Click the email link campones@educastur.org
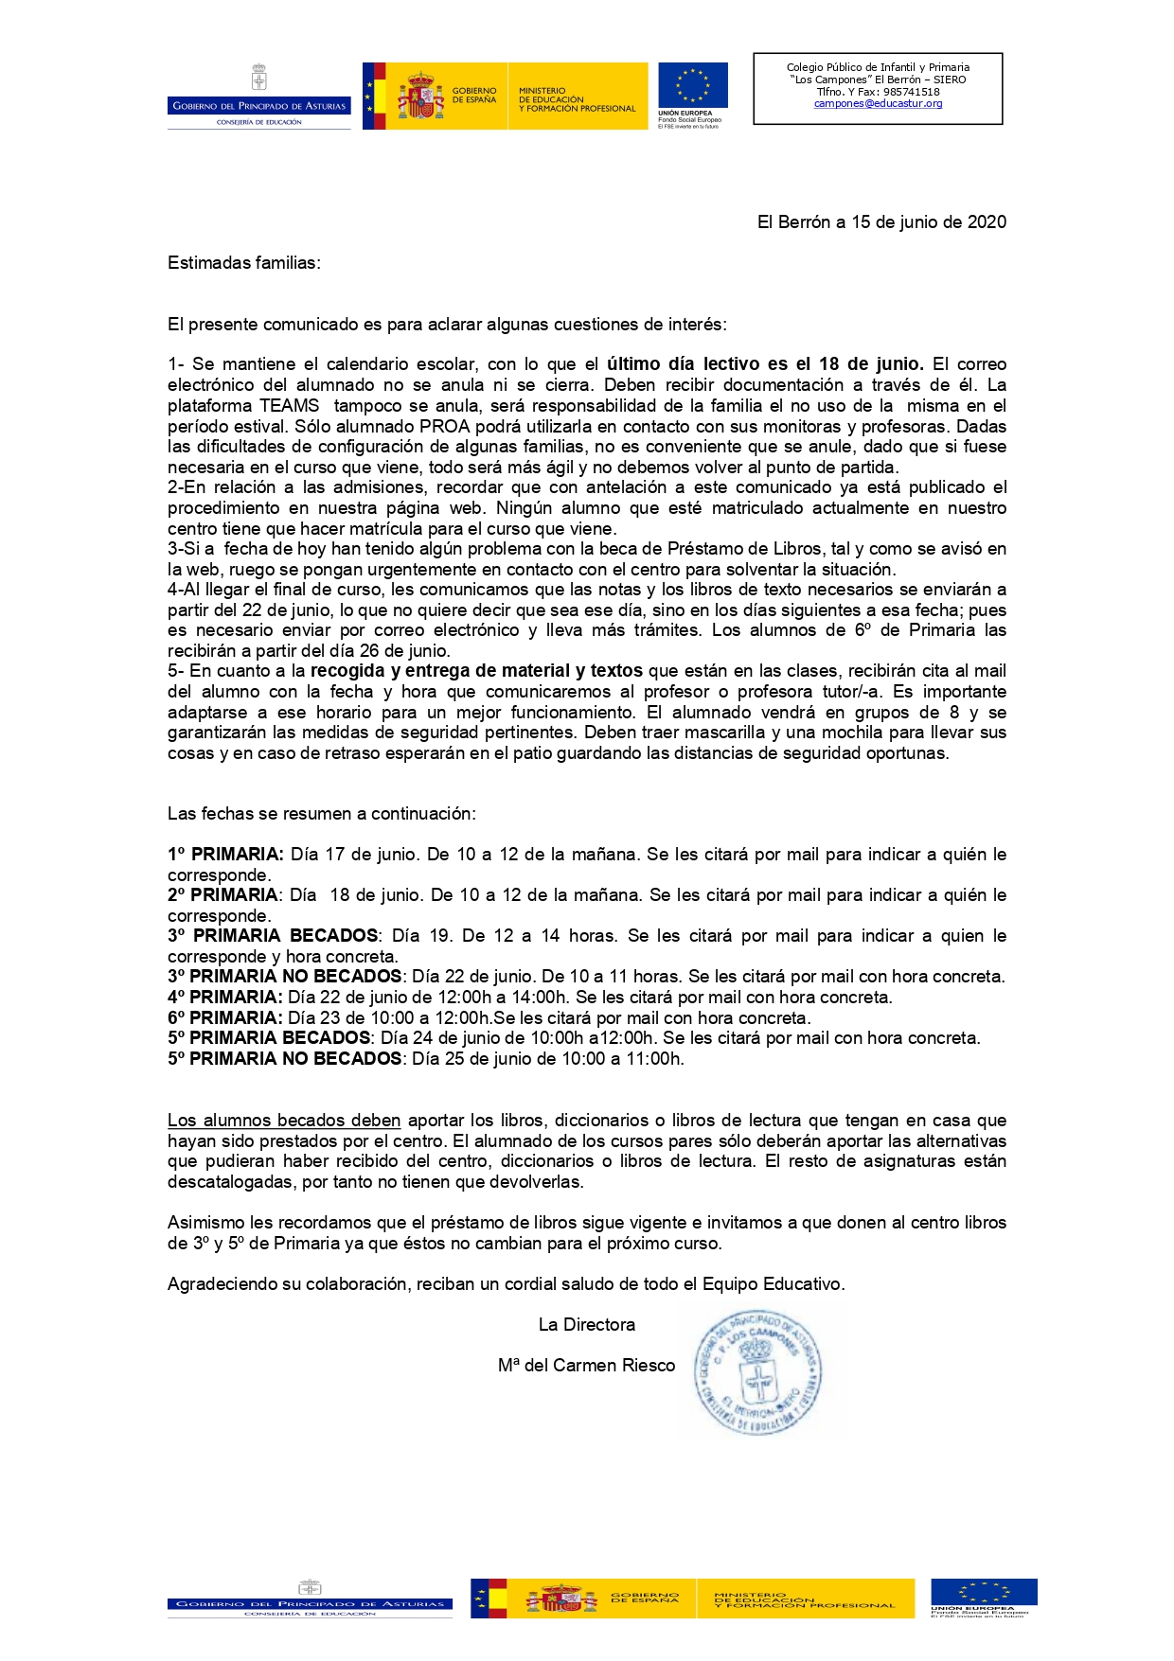(x=878, y=104)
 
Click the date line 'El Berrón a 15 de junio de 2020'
(x=881, y=222)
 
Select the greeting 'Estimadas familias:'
(x=244, y=263)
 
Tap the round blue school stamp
(x=757, y=1372)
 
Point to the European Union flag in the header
(x=693, y=86)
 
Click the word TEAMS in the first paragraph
(x=290, y=406)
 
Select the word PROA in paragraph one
(x=445, y=427)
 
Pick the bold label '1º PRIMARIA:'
(x=225, y=855)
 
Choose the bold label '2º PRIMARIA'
(x=223, y=895)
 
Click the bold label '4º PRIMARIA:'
(x=225, y=998)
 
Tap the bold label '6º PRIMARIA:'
(x=225, y=1018)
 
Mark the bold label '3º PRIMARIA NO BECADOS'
(x=285, y=977)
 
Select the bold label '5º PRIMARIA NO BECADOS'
(x=285, y=1059)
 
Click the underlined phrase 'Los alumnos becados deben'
(x=284, y=1121)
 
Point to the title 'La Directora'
(x=587, y=1325)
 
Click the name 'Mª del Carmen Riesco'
(x=587, y=1366)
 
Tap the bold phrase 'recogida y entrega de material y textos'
(x=476, y=671)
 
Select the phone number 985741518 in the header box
(x=911, y=92)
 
